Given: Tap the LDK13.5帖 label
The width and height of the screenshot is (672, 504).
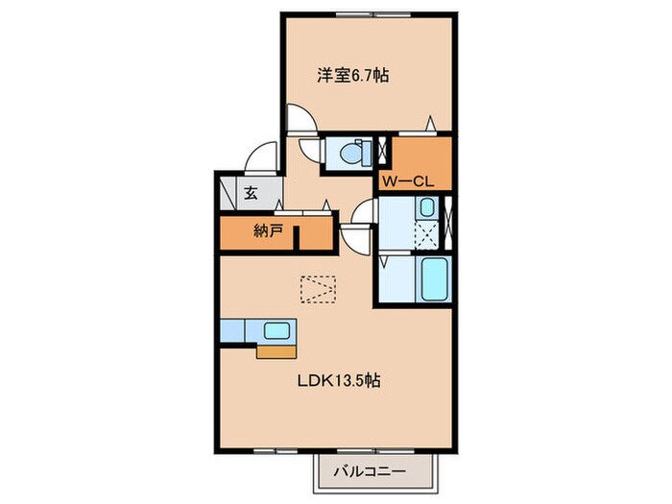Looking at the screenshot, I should point(337,381).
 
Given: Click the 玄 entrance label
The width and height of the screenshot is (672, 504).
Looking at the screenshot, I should point(250,192).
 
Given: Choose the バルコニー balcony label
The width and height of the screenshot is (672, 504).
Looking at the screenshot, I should point(370,471).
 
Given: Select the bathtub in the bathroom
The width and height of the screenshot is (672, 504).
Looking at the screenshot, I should point(435,279).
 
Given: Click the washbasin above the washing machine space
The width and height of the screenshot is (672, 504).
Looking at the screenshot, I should point(427,208).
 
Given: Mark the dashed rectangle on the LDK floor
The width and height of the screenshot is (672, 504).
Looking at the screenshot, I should point(318,288).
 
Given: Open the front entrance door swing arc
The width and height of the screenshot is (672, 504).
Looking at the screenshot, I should point(260,156).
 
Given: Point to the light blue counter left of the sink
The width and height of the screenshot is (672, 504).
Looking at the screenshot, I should point(234,330).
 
